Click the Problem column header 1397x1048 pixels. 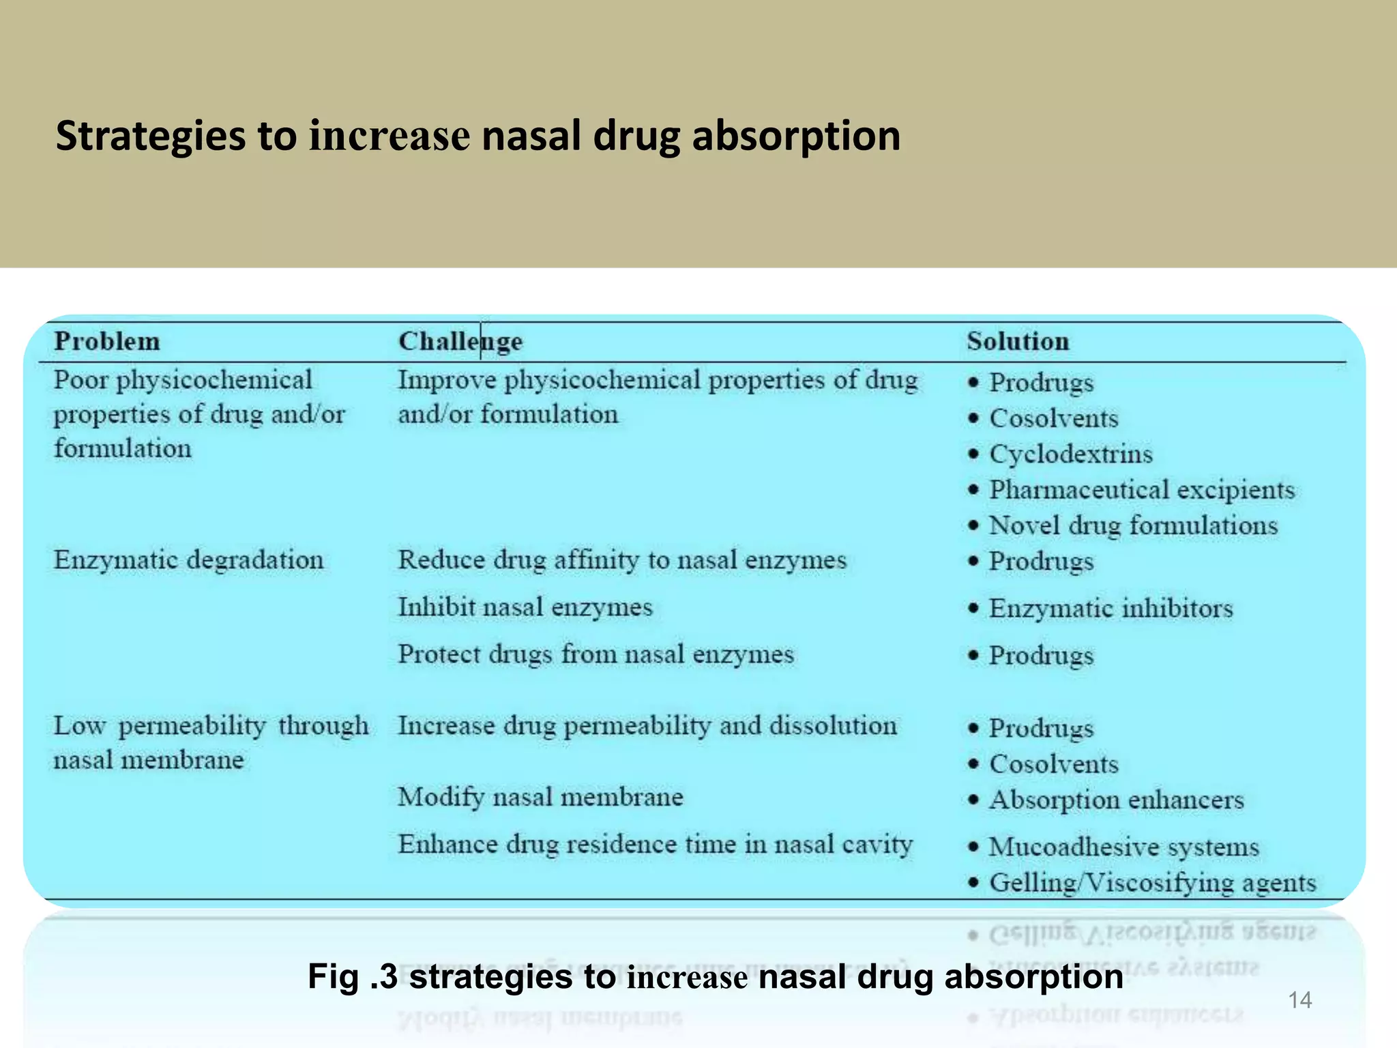[107, 341]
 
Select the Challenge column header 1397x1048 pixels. [460, 341]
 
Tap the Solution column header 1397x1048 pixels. [1018, 341]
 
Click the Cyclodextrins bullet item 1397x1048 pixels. [1071, 454]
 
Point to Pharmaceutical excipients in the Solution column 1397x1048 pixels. [1142, 490]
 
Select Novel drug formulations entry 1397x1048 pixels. [1133, 525]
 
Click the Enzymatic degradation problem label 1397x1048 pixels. [188, 560]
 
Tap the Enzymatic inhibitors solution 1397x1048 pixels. [1111, 608]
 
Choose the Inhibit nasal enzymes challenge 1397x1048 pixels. [525, 607]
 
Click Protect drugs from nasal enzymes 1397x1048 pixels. [596, 654]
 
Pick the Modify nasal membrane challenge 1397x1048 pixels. [540, 797]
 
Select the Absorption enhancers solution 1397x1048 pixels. [1117, 800]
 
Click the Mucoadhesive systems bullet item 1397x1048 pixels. [1123, 847]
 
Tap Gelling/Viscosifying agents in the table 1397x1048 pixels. [1152, 883]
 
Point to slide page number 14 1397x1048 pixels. [1299, 1000]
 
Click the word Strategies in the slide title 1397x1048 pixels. [151, 136]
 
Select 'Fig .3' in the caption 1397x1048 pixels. [352, 976]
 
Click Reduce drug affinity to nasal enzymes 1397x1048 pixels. [622, 560]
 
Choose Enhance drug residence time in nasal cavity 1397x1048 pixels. [655, 845]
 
